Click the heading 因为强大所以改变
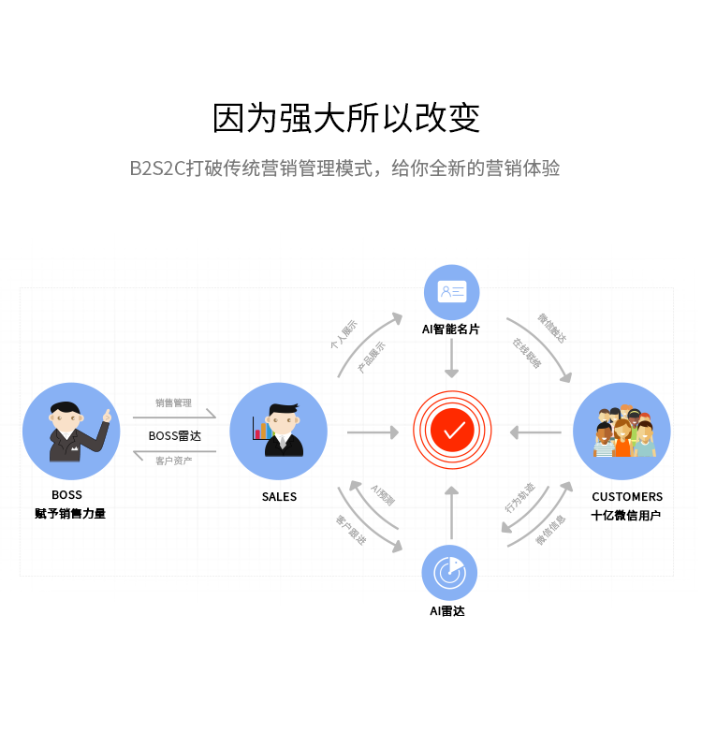(346, 119)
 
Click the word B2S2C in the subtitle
(156, 169)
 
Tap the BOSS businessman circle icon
(71, 432)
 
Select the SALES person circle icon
(278, 432)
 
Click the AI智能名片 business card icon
(452, 292)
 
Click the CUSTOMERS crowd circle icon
(622, 432)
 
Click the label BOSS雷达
(174, 435)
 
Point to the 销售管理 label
(174, 403)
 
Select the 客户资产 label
(174, 461)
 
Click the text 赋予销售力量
(70, 513)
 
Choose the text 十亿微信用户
(626, 515)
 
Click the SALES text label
(279, 497)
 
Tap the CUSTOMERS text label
(626, 497)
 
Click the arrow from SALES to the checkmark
(373, 432)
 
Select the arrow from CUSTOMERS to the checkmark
(535, 432)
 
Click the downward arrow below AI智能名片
(452, 359)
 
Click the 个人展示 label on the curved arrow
(343, 335)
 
